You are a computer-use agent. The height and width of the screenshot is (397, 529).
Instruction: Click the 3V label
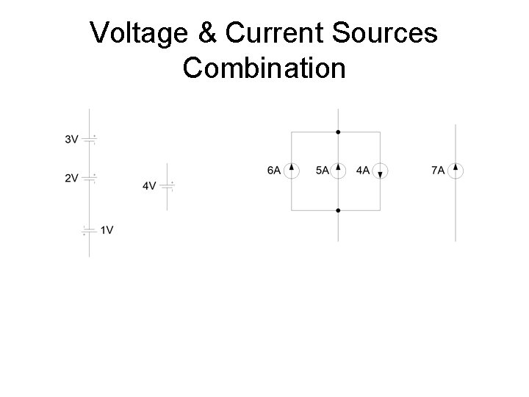click(71, 139)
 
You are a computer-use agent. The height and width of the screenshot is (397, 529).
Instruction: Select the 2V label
click(71, 178)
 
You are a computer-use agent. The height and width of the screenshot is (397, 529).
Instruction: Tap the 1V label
click(107, 230)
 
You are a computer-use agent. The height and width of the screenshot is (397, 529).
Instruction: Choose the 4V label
click(149, 186)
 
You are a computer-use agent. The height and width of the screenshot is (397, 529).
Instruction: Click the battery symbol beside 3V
click(90, 139)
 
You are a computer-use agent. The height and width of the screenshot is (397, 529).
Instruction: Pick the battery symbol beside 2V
click(90, 178)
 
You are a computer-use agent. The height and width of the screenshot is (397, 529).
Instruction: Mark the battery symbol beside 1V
click(90, 230)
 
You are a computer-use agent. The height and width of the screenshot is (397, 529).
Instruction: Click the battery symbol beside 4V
click(168, 186)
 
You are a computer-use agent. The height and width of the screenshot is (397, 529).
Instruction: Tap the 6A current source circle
click(292, 171)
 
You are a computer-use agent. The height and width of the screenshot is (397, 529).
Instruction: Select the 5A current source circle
click(338, 171)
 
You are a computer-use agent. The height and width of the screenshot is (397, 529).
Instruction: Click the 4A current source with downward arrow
click(380, 171)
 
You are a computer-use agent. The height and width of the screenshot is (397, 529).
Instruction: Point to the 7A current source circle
click(456, 171)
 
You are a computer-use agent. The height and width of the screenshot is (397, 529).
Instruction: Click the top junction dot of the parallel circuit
click(338, 132)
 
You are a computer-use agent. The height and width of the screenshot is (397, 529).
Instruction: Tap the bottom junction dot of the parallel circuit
click(338, 210)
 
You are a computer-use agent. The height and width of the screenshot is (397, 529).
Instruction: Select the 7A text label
click(437, 171)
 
